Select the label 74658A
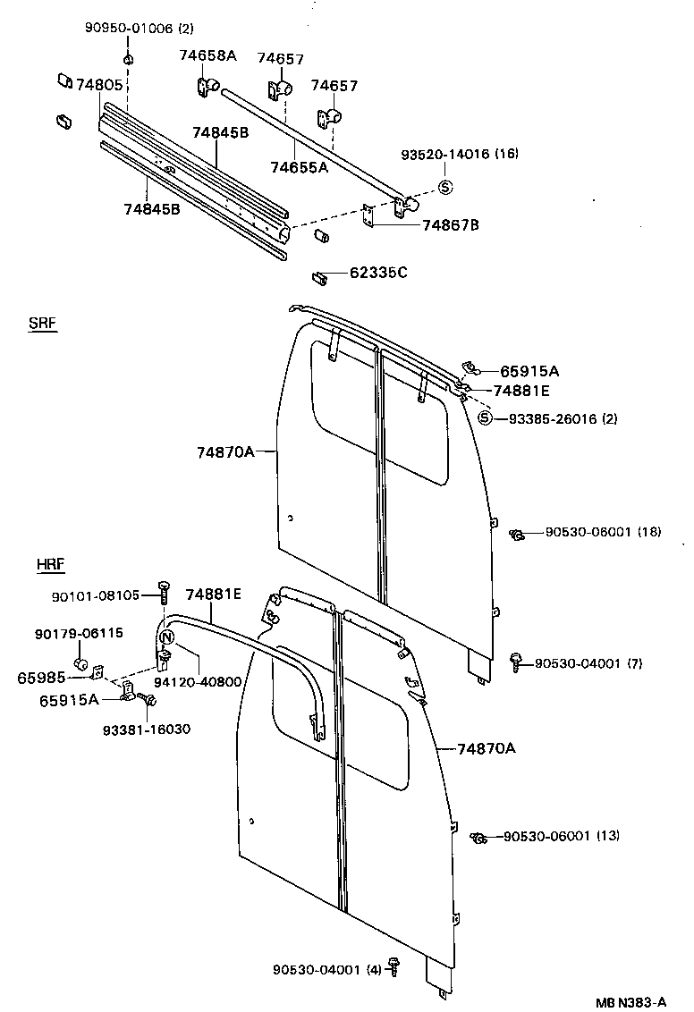pos(207,55)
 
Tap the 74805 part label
pos(99,85)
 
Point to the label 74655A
pos(299,166)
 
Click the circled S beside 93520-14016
pos(445,187)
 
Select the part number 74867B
pos(450,224)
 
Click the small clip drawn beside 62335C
pos(319,276)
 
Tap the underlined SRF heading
pos(42,325)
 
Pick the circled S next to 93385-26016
pos(485,417)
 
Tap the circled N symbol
pos(165,637)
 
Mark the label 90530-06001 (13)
pos(561,836)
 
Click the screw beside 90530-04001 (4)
pos(395,968)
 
